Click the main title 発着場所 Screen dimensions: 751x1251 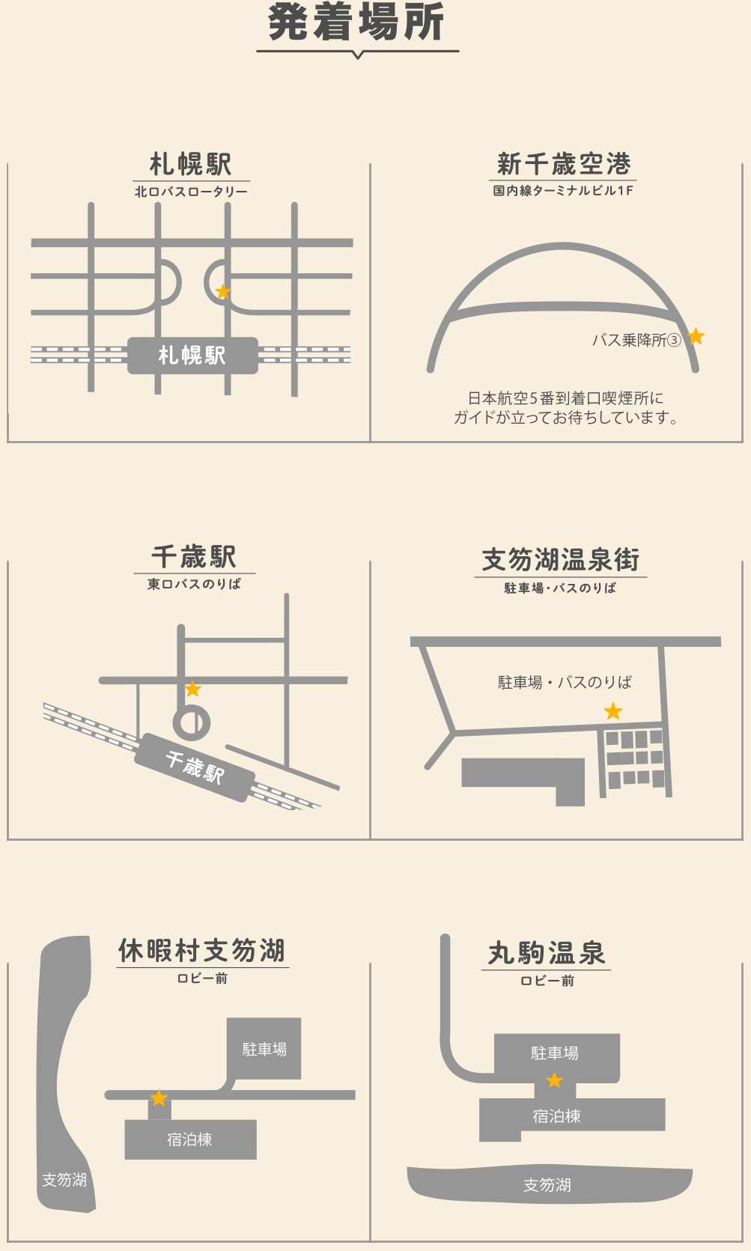coord(356,22)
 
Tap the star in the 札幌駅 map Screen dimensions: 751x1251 coord(223,291)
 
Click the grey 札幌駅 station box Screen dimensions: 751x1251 coord(192,355)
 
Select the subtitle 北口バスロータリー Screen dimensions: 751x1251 coord(191,192)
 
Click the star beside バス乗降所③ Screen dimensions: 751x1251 coord(696,336)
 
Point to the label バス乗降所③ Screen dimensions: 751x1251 coord(636,340)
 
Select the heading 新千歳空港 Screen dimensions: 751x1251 coord(564,164)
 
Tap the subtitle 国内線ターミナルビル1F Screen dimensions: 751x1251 coord(563,190)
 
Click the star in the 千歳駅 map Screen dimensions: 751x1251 coord(192,689)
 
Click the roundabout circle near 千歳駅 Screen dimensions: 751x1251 coord(192,722)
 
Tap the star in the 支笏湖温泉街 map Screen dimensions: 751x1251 coord(613,711)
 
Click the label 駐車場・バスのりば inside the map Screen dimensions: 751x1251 coord(565,682)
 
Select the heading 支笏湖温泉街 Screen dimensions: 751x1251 coord(561,559)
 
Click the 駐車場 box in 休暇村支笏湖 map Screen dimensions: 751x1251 coord(264,1048)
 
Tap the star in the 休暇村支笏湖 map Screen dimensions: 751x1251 coord(159,1098)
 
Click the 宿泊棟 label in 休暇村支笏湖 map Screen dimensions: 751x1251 coord(190,1139)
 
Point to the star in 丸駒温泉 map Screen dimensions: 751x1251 coord(554,1080)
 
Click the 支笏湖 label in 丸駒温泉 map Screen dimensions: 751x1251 coord(547,1184)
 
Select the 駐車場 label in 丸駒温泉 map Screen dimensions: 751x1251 coord(555,1053)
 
